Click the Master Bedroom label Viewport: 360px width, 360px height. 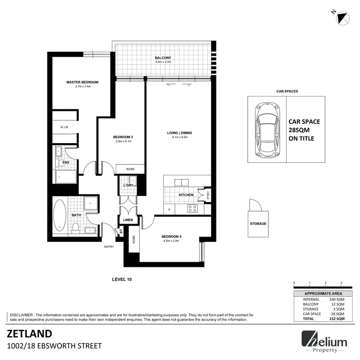pos(79,82)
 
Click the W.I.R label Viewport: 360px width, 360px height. pos(64,127)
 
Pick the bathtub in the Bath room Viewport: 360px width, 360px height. pos(60,215)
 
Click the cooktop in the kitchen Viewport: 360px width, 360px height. pos(192,208)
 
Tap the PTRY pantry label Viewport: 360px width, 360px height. pos(207,195)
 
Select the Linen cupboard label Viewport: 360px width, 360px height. pos(128,220)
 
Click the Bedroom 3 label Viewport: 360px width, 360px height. pos(171,237)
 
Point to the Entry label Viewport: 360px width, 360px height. pos(109,247)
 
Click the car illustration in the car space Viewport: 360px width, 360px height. pos(266,130)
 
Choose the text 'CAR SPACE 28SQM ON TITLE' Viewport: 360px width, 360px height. pos(304,130)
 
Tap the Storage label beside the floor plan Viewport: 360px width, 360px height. pos(258,224)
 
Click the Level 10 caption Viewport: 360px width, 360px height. pos(122,279)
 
